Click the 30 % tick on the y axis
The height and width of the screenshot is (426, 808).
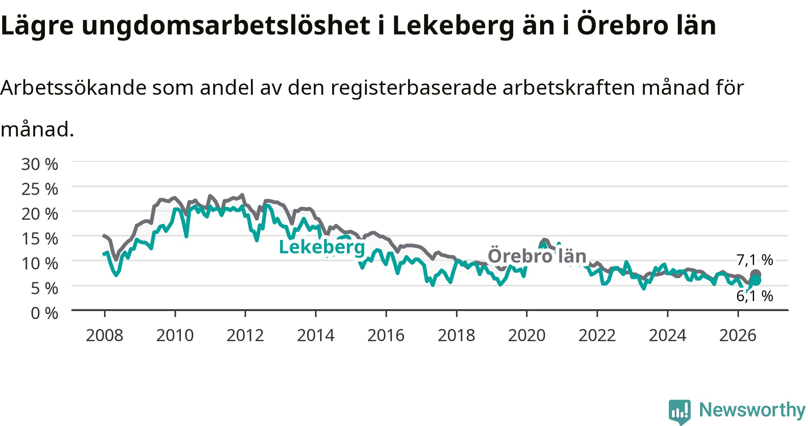(x=40, y=164)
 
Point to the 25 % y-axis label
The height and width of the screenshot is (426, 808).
(x=40, y=189)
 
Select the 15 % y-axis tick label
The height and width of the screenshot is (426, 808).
(x=40, y=239)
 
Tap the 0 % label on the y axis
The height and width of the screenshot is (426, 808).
(x=44, y=313)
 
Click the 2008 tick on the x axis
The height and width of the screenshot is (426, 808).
(x=105, y=335)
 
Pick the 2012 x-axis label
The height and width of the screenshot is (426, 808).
(x=245, y=335)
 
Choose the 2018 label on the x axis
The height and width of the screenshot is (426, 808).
(x=457, y=335)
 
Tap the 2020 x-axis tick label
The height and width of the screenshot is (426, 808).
(x=527, y=335)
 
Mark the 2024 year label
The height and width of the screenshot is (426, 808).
(x=667, y=335)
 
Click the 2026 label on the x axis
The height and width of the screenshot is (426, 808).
(x=738, y=335)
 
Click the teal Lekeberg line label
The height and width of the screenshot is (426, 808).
(x=322, y=247)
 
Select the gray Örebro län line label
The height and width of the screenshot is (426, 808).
(x=537, y=256)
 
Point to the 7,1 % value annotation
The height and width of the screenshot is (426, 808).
(x=755, y=260)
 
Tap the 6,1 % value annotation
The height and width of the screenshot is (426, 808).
(x=755, y=296)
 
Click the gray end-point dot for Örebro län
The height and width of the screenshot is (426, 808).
(x=755, y=275)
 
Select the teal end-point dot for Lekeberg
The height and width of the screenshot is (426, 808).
(x=756, y=280)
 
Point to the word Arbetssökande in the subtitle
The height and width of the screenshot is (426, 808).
(x=73, y=88)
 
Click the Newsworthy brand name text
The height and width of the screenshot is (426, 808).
(x=752, y=410)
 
